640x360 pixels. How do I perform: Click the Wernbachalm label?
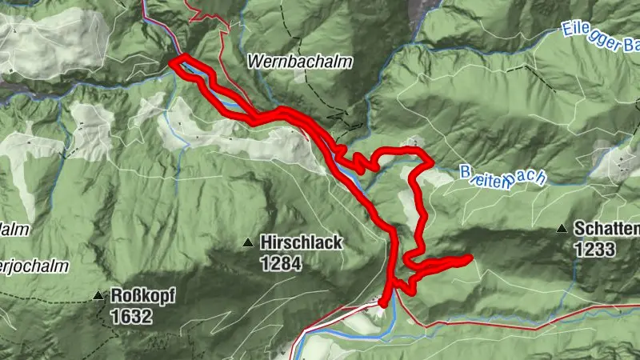tap(299, 61)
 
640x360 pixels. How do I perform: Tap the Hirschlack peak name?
tap(300, 242)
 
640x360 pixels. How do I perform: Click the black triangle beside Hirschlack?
tap(249, 242)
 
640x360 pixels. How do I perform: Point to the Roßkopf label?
tap(142, 295)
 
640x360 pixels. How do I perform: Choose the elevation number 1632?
tap(131, 315)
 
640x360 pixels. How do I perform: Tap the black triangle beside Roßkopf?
tap(98, 295)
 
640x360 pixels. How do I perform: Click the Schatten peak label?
tap(606, 230)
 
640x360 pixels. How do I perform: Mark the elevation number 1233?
tap(594, 250)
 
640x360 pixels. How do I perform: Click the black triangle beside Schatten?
tap(562, 230)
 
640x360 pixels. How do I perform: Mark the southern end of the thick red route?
tap(383, 303)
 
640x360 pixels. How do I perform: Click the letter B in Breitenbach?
tap(466, 171)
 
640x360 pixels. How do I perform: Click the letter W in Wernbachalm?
tap(256, 61)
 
